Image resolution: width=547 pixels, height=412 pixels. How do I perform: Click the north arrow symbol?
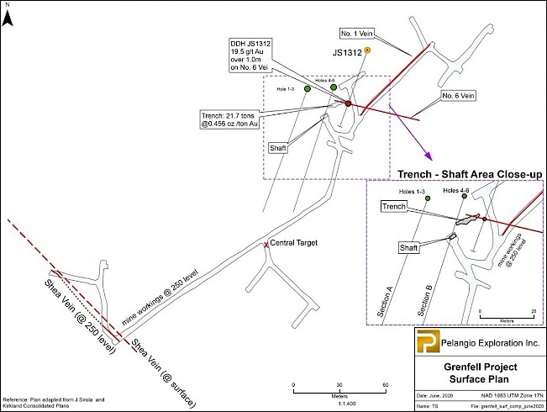click(x=8, y=14)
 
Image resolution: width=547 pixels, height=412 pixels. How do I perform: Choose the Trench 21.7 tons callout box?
click(x=229, y=118)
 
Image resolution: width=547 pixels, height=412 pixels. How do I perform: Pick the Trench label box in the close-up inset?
click(x=394, y=206)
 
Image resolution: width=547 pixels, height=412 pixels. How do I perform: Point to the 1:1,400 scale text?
click(x=339, y=402)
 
